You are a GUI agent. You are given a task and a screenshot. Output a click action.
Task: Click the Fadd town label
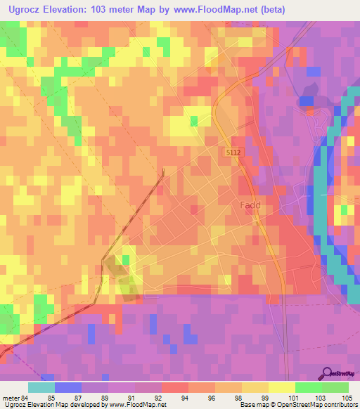point(250,205)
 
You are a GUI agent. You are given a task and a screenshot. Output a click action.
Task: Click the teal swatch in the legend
point(41,387)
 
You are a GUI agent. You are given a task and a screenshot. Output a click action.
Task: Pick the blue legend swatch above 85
point(67,387)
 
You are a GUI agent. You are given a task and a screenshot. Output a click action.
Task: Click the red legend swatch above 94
point(174,387)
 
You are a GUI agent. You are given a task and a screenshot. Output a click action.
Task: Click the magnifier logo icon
point(326,373)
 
